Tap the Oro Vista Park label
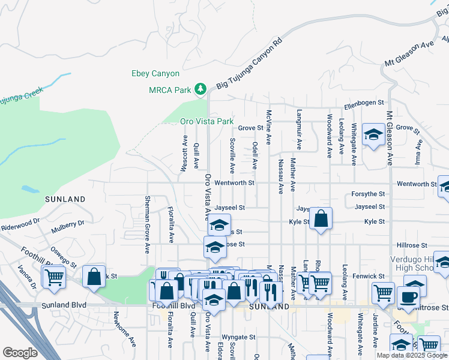207,121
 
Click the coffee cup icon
408,296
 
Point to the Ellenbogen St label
364,106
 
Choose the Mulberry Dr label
68,225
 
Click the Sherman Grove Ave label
147,224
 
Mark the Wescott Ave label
184,154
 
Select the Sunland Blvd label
64,305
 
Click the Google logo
20,352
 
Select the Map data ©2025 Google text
411,355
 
